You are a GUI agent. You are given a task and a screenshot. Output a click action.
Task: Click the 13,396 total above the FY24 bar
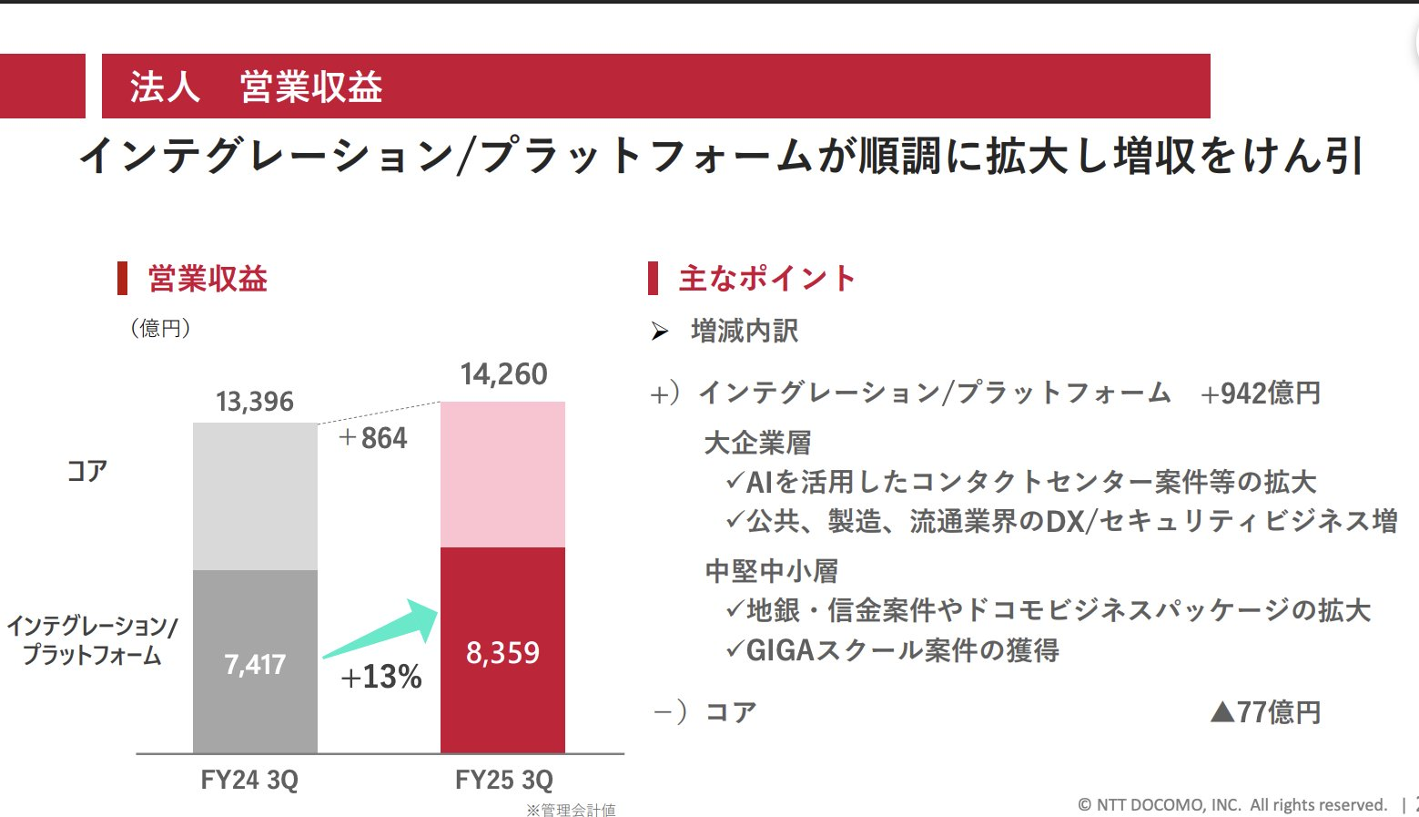point(255,402)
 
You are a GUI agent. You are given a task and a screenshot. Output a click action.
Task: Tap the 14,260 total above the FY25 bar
point(503,374)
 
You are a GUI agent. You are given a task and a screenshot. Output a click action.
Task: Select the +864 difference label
point(373,438)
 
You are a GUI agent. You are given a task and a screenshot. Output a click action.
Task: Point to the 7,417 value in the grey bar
point(255,665)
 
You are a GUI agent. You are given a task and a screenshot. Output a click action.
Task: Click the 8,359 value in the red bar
point(502,653)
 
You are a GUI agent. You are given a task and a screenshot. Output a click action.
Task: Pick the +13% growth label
point(381,677)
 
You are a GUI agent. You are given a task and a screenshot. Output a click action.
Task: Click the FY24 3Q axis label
point(249,781)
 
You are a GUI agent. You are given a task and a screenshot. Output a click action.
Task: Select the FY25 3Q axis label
point(503,781)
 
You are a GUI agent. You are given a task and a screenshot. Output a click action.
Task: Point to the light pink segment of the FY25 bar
point(502,474)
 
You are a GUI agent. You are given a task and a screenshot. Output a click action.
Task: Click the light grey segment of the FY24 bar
point(255,496)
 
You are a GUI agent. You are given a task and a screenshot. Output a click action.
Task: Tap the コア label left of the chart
point(87,471)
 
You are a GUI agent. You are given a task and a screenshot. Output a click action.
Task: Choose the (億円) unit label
point(160,328)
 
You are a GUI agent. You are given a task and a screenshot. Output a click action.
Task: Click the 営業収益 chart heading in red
point(208,279)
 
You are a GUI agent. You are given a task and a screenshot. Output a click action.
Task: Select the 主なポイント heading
point(766,279)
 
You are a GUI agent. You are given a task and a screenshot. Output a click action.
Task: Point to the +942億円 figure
point(1261,393)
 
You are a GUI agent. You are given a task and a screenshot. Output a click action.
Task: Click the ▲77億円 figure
point(1265,712)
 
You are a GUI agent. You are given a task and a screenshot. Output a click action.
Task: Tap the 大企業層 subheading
point(757,444)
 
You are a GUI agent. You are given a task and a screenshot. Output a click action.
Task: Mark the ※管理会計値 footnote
point(571,810)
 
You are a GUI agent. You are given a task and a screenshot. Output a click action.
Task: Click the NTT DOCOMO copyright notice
point(1232,805)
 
